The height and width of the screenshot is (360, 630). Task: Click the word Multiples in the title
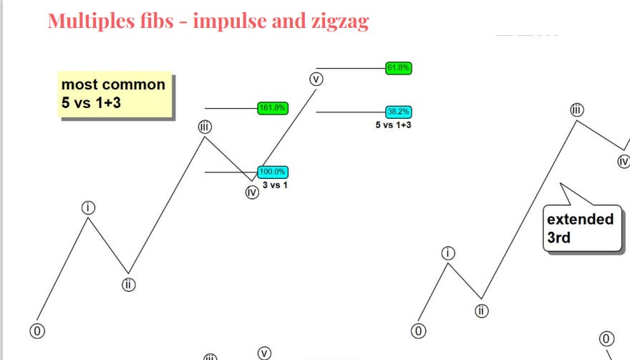[x=92, y=21]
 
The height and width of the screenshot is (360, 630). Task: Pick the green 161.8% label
[x=272, y=108]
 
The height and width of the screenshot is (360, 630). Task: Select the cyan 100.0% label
[x=272, y=172]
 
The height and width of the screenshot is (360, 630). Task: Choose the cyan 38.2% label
[x=398, y=112]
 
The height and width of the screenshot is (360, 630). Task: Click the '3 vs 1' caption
[x=275, y=185]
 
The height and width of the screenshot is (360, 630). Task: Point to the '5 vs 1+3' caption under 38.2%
[x=393, y=125]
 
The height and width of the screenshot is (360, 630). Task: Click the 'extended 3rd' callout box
[x=581, y=228]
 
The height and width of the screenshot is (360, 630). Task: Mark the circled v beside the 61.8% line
[x=316, y=78]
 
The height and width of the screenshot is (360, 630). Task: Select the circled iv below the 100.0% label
[x=251, y=192]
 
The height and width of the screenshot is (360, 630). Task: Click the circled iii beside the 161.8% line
[x=205, y=127]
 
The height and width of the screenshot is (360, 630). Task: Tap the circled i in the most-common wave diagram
[x=88, y=208]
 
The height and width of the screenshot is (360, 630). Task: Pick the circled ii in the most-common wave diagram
[x=128, y=284]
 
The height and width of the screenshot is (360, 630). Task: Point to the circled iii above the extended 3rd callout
[x=577, y=110]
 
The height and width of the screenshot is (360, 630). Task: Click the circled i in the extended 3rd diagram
[x=448, y=253]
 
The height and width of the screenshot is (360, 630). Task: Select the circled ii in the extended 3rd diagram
[x=481, y=311]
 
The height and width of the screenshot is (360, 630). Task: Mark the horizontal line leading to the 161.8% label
[x=231, y=108]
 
